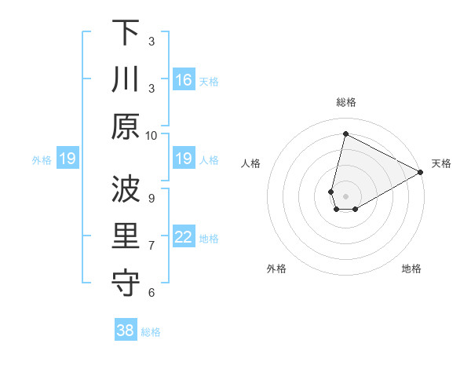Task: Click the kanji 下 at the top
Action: click(126, 33)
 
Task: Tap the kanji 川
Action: click(126, 80)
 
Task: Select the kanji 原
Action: click(126, 127)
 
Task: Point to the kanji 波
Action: click(126, 189)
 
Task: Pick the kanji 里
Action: click(126, 236)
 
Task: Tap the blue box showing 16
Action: click(183, 80)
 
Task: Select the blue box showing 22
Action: click(183, 237)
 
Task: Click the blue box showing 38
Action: click(126, 331)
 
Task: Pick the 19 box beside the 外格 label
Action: click(68, 159)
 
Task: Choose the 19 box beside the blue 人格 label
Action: click(183, 159)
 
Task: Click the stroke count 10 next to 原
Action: click(152, 135)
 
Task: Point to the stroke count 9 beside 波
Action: click(152, 197)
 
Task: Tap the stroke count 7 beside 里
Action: click(152, 245)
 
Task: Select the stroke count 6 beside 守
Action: click(152, 292)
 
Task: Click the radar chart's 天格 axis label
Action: click(441, 163)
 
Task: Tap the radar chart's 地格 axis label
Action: click(411, 269)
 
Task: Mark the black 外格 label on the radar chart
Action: click(276, 269)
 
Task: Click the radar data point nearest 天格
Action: click(421, 172)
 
